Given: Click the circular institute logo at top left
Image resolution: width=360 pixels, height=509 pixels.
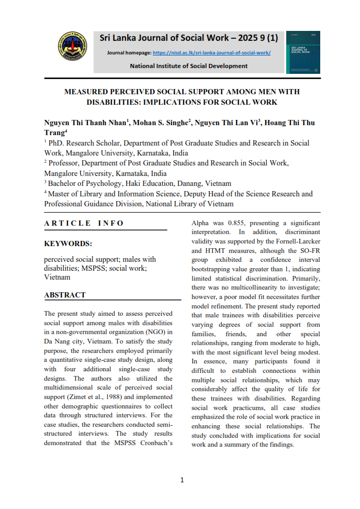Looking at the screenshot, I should point(72,50).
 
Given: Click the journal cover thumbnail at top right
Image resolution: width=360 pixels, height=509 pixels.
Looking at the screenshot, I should point(303,51).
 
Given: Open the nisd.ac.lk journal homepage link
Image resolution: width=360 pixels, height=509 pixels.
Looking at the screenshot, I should point(211,53).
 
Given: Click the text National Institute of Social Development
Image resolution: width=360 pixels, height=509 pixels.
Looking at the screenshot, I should point(188,66).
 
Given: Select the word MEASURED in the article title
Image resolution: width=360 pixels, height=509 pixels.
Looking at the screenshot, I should point(87,92).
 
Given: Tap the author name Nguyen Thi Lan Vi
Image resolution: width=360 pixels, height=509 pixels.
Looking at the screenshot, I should point(227,123).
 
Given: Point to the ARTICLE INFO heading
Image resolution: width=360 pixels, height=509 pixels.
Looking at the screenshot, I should point(84,223).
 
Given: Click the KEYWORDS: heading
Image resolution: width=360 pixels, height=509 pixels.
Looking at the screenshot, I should point(68,244).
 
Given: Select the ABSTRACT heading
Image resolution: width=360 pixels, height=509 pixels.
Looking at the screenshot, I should point(65,295).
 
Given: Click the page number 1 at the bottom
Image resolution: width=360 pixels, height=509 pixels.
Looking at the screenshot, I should point(182,480).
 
